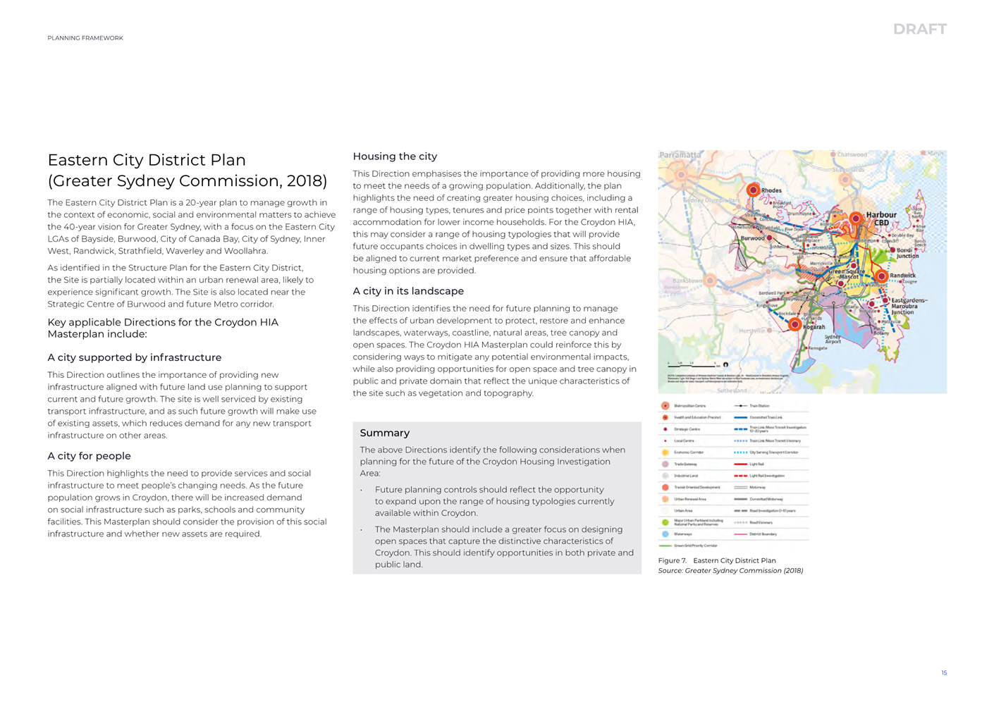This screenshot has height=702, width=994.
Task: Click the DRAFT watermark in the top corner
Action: (919, 29)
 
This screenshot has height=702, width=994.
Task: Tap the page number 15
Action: (944, 673)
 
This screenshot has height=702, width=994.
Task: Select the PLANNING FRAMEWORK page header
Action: (85, 38)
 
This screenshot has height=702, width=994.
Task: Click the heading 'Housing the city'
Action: (395, 156)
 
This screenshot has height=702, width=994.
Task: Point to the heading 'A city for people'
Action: (89, 456)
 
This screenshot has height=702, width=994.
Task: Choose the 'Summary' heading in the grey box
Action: (384, 433)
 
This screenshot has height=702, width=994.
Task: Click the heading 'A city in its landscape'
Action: (408, 291)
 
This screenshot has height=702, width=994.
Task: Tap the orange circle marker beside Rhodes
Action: (753, 190)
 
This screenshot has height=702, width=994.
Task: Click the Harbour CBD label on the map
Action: (881, 218)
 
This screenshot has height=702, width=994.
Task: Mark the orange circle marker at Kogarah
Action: (794, 324)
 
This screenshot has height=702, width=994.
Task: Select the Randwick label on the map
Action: (902, 276)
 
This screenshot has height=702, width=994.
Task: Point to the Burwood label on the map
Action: (752, 238)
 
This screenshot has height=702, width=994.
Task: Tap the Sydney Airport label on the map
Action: (833, 339)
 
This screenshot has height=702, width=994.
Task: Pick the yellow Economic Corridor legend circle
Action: (665, 452)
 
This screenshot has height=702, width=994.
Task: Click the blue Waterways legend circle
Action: (665, 534)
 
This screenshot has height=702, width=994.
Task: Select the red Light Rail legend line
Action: (740, 464)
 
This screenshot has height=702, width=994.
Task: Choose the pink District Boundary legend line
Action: (740, 534)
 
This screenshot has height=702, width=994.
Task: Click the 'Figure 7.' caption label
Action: (672, 560)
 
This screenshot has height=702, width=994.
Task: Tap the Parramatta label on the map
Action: (680, 155)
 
